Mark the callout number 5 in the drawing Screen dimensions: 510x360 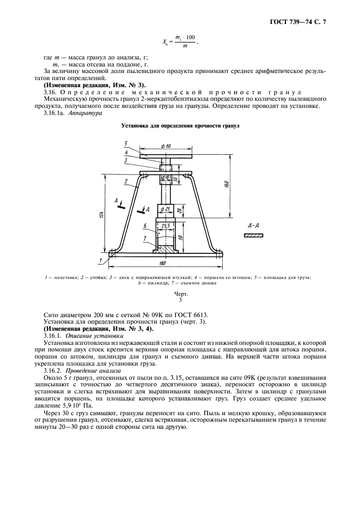click(125, 143)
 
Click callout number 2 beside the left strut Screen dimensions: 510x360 click(125, 180)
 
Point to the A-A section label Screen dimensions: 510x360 click(253, 224)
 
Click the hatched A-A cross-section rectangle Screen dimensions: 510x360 click(253, 235)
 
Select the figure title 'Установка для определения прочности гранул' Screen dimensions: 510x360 click(180, 126)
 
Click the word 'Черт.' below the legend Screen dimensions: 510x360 click(180, 294)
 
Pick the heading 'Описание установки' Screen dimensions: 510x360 click(86, 337)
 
